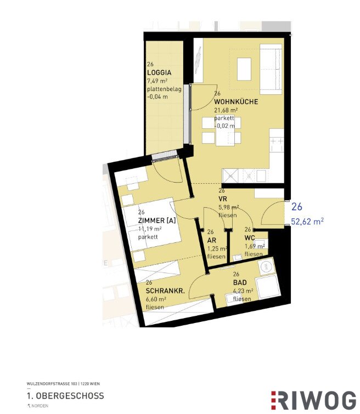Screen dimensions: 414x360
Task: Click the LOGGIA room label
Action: tap(159, 73)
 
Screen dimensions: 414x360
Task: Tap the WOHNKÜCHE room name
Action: tap(236, 102)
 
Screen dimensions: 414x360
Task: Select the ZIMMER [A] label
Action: tap(156, 221)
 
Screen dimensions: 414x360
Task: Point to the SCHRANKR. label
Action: tap(165, 291)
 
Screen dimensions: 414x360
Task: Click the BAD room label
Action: tap(239, 283)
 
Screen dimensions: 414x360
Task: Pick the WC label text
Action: tap(249, 238)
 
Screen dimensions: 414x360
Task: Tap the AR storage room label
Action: tap(211, 240)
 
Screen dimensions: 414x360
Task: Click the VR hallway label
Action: tap(223, 199)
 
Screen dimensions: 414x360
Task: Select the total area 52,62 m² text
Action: tap(307, 222)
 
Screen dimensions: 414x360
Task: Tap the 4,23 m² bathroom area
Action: tap(243, 291)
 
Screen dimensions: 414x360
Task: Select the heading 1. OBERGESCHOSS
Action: tap(65, 396)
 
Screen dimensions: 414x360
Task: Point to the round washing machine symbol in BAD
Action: tap(268, 266)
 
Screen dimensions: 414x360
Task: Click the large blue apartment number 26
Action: tap(297, 207)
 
